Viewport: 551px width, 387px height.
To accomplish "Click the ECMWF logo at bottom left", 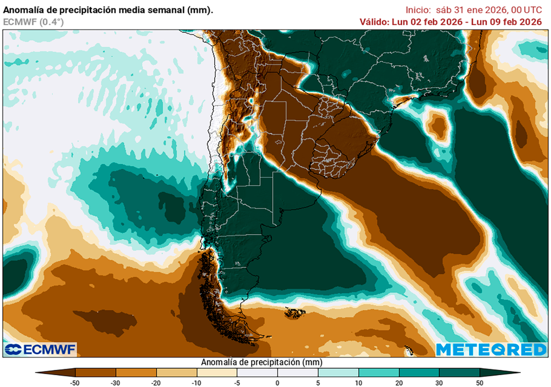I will pyautogui.click(x=40, y=349).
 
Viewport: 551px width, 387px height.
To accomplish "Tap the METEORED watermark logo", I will pyautogui.click(x=491, y=349).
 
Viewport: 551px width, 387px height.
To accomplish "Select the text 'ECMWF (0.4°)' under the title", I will pyautogui.click(x=33, y=21).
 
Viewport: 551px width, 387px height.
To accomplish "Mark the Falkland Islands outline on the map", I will pyautogui.click(x=295, y=312).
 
